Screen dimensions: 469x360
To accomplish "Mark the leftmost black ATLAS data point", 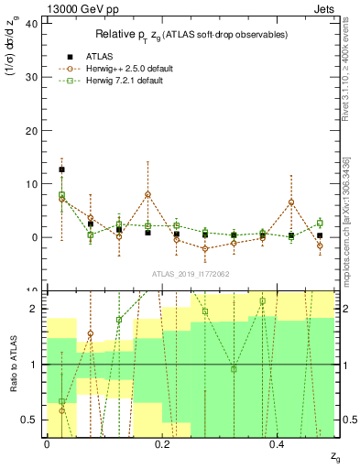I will pyautogui.click(x=61, y=169).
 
